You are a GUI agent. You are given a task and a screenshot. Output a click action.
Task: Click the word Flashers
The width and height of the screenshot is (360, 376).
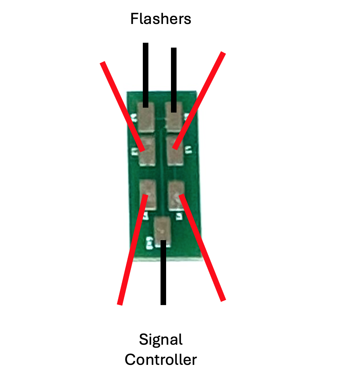tap(161, 19)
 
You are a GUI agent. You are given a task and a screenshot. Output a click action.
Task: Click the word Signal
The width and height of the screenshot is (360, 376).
tap(161, 339)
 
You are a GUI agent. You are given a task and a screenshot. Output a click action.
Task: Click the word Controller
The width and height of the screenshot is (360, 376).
tap(161, 359)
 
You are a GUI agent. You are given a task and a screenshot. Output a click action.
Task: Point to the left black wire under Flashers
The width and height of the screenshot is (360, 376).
tap(146, 75)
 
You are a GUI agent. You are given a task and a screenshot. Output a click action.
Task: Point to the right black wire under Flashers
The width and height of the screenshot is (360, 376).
tap(174, 78)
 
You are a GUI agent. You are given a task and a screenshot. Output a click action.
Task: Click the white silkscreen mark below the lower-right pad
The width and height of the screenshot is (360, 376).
tap(179, 216)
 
